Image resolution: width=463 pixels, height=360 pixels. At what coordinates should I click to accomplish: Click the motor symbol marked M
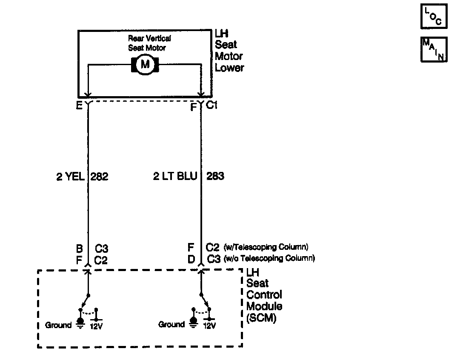(146, 64)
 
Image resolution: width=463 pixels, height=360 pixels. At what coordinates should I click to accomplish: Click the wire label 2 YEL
(71, 177)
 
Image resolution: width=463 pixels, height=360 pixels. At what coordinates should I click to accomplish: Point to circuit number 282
(100, 177)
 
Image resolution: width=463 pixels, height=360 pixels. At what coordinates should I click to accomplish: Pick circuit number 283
(215, 177)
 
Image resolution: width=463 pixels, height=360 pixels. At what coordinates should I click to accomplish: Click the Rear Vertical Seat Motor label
(149, 43)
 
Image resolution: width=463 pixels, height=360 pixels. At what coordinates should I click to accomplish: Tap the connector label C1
(211, 105)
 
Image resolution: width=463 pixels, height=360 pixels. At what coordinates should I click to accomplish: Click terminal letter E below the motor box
(80, 106)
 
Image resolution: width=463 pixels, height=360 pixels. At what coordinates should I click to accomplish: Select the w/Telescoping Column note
(266, 247)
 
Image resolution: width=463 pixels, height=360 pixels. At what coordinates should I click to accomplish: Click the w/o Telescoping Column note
(269, 258)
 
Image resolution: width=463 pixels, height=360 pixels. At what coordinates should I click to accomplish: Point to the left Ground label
(58, 325)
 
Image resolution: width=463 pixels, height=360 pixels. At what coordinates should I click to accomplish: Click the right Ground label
(171, 325)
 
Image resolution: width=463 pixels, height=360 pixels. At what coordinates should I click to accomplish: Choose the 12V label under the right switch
(210, 326)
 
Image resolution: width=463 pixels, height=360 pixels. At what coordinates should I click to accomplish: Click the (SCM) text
(261, 318)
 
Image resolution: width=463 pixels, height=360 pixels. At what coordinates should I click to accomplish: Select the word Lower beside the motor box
(229, 68)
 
